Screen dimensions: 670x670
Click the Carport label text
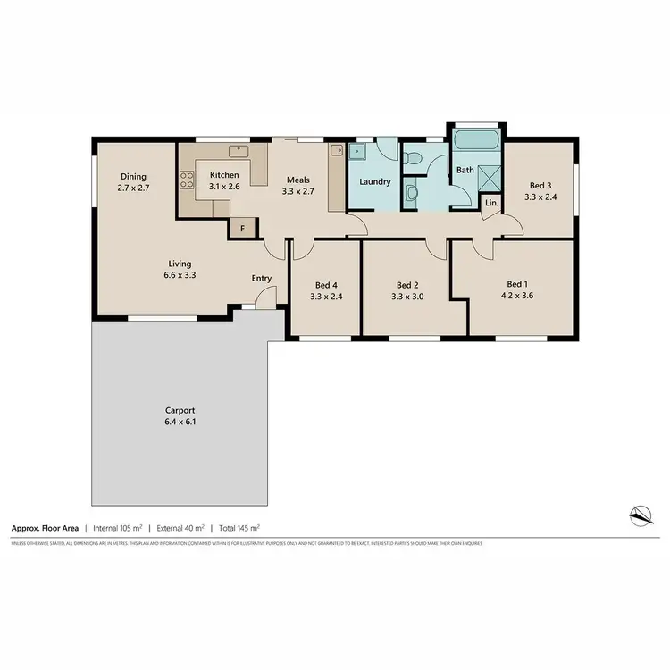pos(180,410)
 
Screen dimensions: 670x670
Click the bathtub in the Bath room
pos(477,140)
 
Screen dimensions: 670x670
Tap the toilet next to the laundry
pos(412,159)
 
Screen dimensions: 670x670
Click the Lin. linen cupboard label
pos(490,204)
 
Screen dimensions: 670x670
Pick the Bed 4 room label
pos(326,285)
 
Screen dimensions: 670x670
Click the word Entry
pos(261,279)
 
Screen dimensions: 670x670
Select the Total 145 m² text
pos(239,528)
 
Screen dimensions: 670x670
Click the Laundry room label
pos(374,181)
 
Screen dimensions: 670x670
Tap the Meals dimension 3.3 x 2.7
pos(297,191)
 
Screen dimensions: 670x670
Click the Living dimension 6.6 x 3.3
pos(180,276)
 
